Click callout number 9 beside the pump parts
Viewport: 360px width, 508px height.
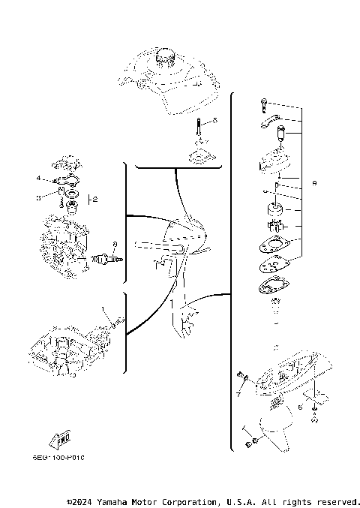click(315, 182)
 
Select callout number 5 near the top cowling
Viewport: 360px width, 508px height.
click(214, 121)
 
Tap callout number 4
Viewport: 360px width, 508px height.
click(37, 178)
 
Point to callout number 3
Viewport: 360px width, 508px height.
click(37, 197)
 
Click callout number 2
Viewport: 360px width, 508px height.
click(95, 199)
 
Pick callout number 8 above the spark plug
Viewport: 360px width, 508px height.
click(114, 244)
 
